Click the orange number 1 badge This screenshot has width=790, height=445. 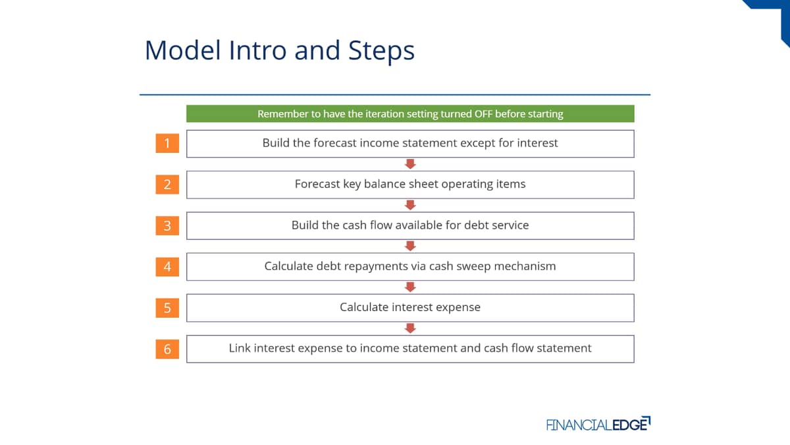point(167,143)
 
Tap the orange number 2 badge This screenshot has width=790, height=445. point(167,185)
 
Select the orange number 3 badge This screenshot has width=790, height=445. point(167,225)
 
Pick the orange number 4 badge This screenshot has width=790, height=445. point(167,266)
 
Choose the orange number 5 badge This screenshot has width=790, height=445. point(167,308)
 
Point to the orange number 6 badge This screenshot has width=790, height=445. point(167,349)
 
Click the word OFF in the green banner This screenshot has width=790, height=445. point(483,113)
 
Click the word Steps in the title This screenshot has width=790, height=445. point(381,50)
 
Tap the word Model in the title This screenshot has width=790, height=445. point(183,50)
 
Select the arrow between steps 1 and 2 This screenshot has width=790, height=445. point(410,164)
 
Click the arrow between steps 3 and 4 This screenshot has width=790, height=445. point(410,246)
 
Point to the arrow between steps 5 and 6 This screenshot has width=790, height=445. point(410,328)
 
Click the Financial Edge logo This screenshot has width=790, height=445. point(598,424)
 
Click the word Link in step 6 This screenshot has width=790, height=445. point(240,348)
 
